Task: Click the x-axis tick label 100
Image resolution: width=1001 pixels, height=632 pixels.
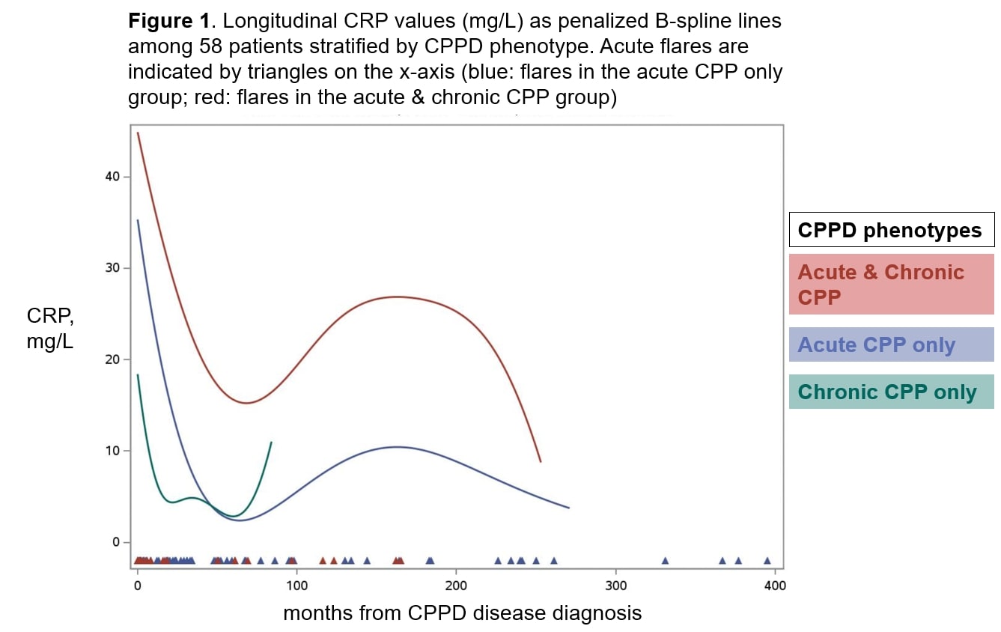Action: point(296,585)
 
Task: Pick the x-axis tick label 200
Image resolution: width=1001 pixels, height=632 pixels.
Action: point(456,585)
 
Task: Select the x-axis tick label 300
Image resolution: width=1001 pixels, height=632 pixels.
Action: point(615,585)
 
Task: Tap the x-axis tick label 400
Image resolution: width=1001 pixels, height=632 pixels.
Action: point(775,585)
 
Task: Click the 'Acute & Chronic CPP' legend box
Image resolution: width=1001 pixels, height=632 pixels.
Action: point(891,284)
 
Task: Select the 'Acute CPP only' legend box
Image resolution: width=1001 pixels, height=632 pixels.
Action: point(891,344)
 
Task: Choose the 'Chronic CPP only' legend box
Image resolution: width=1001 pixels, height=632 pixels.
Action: point(891,392)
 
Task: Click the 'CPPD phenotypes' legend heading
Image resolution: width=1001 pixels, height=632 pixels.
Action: point(891,230)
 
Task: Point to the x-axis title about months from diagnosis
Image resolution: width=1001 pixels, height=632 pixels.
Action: point(462,613)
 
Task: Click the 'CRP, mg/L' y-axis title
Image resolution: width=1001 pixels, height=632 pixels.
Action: point(50,330)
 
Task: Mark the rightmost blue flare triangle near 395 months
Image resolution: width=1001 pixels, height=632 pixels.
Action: point(767,560)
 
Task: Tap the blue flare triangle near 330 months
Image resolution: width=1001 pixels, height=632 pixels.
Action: point(664,560)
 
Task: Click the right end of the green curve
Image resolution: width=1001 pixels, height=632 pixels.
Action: point(271,443)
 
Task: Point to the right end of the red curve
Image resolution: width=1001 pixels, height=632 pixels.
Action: point(540,461)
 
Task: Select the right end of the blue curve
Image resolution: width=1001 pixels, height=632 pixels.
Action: point(569,508)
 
